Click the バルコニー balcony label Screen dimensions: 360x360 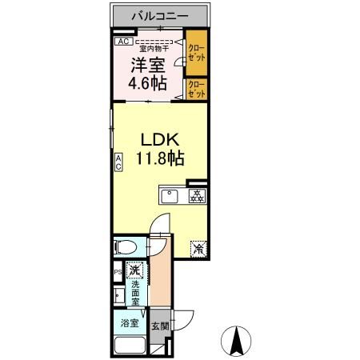click(161, 16)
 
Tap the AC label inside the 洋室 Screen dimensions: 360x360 click(122, 42)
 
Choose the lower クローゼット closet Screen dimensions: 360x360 click(195, 89)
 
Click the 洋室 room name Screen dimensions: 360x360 click(148, 65)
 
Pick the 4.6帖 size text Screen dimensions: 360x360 click(148, 83)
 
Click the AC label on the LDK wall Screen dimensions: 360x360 click(118, 163)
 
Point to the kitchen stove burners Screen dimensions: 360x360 click(196, 194)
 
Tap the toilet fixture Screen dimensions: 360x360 click(128, 246)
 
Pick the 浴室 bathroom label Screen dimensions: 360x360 click(130, 324)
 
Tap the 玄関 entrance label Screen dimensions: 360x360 click(160, 326)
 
